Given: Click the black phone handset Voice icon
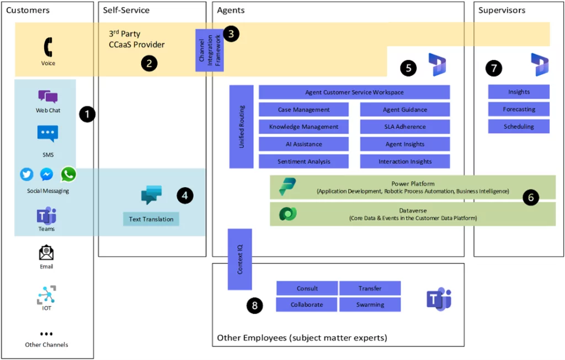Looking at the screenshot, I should point(47,46).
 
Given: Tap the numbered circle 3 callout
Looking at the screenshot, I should point(231,34).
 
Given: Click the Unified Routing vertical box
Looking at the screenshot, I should point(241,126).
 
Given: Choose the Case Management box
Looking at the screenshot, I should point(303,110).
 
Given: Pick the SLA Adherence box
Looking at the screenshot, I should point(405,127).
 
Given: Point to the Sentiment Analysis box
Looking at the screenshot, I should point(303,162).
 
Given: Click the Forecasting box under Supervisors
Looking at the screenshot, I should point(519,109).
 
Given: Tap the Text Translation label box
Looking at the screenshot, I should point(151,219).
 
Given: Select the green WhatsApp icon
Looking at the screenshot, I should point(68,174).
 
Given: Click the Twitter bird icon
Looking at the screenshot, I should point(26,175).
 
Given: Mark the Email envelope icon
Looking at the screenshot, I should point(47,252).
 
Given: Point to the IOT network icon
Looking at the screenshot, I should point(47,295).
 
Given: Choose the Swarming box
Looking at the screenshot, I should point(370,304).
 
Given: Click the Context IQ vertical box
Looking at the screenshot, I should point(240,259).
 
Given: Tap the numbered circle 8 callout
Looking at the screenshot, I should point(254,306).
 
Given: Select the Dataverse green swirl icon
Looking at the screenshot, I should point(287,214).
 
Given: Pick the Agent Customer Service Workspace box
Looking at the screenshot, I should point(354,92).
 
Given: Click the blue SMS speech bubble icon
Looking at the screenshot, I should point(47,133).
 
